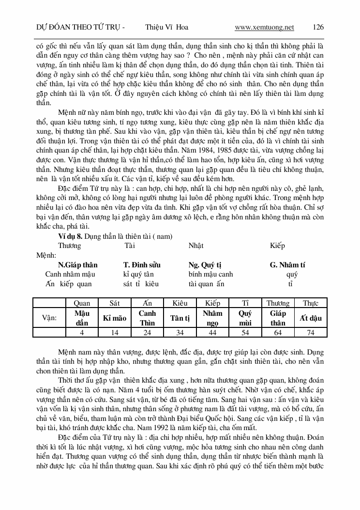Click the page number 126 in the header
point(318,27)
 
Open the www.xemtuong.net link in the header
point(264,27)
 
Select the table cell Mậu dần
point(82,318)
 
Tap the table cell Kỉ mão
point(115,318)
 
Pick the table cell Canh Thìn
point(147,318)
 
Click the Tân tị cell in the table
point(180,318)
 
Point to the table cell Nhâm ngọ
point(212,318)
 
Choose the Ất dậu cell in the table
point(311,318)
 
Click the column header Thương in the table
point(278,303)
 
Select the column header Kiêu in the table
point(180,303)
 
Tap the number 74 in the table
point(311,333)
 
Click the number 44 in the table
point(212,333)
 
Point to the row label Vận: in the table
point(50,318)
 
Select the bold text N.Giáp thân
point(77,265)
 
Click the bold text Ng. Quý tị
point(205,265)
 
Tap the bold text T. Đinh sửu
point(142,265)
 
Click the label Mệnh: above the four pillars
point(46,255)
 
